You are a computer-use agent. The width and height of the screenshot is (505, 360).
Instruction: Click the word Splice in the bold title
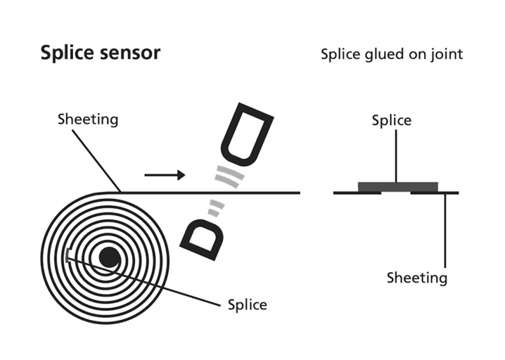tap(63, 54)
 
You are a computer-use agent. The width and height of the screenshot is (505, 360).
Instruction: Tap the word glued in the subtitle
tap(383, 55)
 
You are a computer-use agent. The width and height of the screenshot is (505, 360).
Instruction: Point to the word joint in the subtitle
tap(447, 55)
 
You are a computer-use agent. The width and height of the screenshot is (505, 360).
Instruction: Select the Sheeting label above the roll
tap(88, 120)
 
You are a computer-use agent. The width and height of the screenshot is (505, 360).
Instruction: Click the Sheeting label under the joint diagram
tap(417, 278)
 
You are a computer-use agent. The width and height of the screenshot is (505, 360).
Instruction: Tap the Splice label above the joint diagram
tap(392, 121)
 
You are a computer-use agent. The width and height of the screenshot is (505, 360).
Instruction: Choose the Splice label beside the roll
tap(248, 304)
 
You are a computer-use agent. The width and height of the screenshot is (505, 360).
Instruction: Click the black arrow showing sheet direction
tap(165, 174)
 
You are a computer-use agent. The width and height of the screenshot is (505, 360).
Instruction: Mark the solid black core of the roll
tap(109, 257)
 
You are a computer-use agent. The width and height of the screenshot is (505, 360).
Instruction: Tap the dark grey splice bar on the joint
tap(397, 186)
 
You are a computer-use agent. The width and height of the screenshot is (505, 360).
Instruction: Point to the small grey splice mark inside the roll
tap(67, 256)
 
